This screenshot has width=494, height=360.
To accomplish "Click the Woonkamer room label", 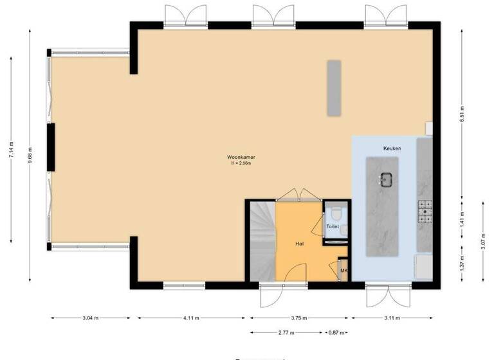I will [239, 157].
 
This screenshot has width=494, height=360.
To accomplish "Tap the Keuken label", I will [392, 148].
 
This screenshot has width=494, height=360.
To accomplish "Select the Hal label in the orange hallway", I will [300, 244].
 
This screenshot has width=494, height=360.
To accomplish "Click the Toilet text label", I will [333, 227].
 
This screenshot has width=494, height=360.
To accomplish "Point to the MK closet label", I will [343, 271].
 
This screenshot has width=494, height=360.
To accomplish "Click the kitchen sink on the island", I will [386, 179].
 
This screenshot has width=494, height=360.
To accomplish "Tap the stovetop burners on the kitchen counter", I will [425, 212].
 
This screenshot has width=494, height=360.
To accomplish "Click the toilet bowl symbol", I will [334, 213].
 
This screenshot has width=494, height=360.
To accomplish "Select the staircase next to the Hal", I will [261, 241].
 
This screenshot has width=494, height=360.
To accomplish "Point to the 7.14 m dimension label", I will [11, 152].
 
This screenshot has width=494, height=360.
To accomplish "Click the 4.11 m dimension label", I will [190, 318].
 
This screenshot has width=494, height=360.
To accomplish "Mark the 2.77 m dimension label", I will [287, 332].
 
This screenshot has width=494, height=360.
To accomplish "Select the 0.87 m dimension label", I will [335, 332].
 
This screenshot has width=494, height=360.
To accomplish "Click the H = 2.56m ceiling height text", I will [241, 163].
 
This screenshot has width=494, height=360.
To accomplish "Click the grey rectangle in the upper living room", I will [333, 88].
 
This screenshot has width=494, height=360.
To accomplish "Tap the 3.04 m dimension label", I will [91, 318].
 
